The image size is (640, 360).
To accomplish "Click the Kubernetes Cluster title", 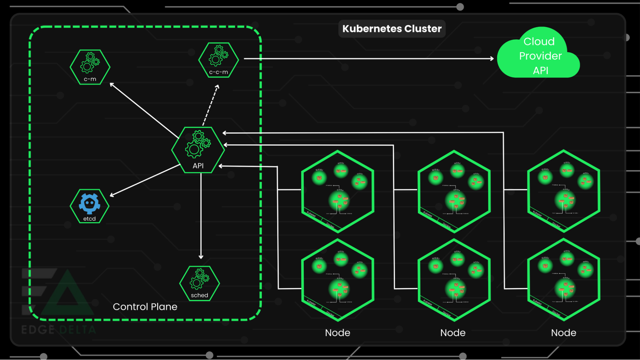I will pyautogui.click(x=392, y=29).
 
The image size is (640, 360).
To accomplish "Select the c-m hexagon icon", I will pyautogui.click(x=90, y=67).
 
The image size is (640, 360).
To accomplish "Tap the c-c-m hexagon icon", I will pyautogui.click(x=219, y=60).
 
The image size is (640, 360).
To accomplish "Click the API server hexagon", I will pyautogui.click(x=198, y=150).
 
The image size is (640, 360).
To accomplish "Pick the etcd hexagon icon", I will pyautogui.click(x=90, y=206).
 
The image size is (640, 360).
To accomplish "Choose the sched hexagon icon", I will pyautogui.click(x=199, y=284).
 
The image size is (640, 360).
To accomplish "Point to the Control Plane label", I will pyautogui.click(x=145, y=307).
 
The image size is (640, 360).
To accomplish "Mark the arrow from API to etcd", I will pyautogui.click(x=145, y=180).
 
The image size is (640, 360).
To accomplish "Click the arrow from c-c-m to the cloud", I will pyautogui.click(x=368, y=59).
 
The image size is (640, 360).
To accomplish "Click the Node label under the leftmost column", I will pyautogui.click(x=337, y=333).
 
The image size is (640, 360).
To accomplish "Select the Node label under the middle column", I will pyautogui.click(x=453, y=333).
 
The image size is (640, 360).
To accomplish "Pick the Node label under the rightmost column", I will pyautogui.click(x=563, y=333).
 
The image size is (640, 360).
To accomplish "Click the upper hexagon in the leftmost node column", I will pyautogui.click(x=338, y=191).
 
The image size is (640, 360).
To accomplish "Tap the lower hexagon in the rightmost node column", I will pyautogui.click(x=563, y=280).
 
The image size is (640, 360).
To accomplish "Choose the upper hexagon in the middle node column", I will pyautogui.click(x=454, y=191).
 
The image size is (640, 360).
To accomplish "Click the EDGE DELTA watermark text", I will pyautogui.click(x=59, y=330).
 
